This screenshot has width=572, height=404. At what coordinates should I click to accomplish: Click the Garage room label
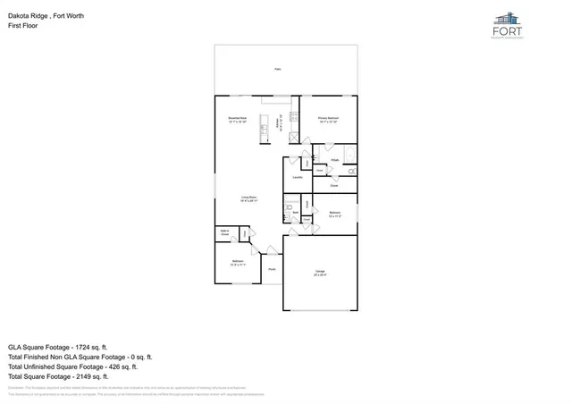pyautogui.click(x=320, y=273)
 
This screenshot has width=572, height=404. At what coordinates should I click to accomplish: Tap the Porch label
pyautogui.click(x=272, y=268)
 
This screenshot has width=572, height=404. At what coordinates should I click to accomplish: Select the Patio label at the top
pyautogui.click(x=277, y=69)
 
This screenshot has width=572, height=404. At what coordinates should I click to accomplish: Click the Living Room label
pyautogui.click(x=248, y=198)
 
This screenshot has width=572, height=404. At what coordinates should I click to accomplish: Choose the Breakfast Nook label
pyautogui.click(x=238, y=119)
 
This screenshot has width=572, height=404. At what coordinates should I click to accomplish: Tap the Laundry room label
pyautogui.click(x=298, y=177)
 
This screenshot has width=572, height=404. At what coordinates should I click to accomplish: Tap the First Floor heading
pyautogui.click(x=24, y=26)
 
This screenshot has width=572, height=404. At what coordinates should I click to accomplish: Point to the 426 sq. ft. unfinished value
pyautogui.click(x=122, y=366)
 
